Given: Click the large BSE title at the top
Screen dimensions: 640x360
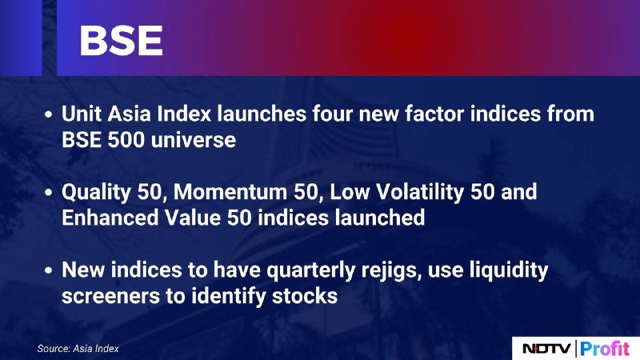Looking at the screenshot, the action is (x=122, y=41).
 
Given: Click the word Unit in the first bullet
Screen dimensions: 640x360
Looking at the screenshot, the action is (x=82, y=114).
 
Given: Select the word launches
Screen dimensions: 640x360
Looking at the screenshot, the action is (x=262, y=114).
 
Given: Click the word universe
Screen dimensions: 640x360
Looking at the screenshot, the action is (x=194, y=139).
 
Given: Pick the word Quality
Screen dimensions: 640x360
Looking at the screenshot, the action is (x=96, y=193).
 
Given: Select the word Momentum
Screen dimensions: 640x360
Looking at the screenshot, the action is (x=230, y=192).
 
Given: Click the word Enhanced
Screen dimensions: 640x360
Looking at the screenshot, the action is (x=110, y=218).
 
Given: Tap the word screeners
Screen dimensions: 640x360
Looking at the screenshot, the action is (x=110, y=296).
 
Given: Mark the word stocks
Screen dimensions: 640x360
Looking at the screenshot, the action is (x=305, y=296).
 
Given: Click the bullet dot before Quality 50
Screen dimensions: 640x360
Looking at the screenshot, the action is (x=49, y=192).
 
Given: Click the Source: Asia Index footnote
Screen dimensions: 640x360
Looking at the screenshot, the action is (x=78, y=349).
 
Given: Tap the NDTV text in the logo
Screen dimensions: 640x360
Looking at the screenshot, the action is (x=547, y=349).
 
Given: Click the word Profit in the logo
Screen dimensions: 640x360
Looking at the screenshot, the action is (x=605, y=348).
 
